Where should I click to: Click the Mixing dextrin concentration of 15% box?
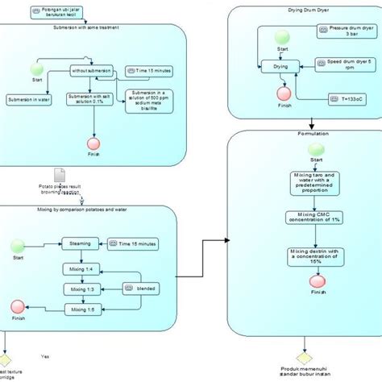point(316,256)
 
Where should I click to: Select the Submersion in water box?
point(28,100)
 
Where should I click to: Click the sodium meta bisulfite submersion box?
point(149,102)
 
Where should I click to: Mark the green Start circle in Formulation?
point(316,147)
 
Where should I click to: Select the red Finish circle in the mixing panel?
point(18,307)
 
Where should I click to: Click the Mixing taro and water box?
point(316,183)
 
